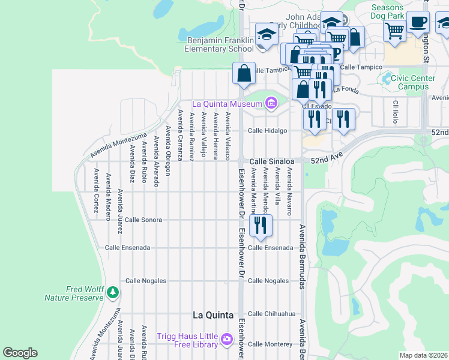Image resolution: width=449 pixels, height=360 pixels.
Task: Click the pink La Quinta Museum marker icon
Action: click(271, 104)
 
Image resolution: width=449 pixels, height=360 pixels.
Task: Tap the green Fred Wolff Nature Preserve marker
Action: click(113, 292)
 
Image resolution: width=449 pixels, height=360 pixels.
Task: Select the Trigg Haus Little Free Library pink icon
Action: click(226, 340)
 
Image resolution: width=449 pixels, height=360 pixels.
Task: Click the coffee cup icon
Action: click(418, 23)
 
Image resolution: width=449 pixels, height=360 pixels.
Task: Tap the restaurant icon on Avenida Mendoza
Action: click(261, 226)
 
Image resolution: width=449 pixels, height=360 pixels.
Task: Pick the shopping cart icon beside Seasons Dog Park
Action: click(394, 29)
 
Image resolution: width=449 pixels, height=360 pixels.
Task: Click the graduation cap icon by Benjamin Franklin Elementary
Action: click(266, 35)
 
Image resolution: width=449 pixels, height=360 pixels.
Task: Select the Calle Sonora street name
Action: click(143, 220)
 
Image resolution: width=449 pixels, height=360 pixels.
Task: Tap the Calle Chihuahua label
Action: click(272, 313)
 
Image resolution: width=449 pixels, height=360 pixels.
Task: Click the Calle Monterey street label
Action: click(270, 344)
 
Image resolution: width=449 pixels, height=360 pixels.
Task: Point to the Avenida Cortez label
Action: click(96, 186)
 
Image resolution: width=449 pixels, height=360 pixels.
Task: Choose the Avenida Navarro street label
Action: click(289, 191)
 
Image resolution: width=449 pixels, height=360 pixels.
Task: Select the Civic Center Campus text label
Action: click(409, 82)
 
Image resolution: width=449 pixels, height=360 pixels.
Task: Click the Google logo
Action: click(20, 353)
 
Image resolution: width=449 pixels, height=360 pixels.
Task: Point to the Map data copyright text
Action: click(424, 355)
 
